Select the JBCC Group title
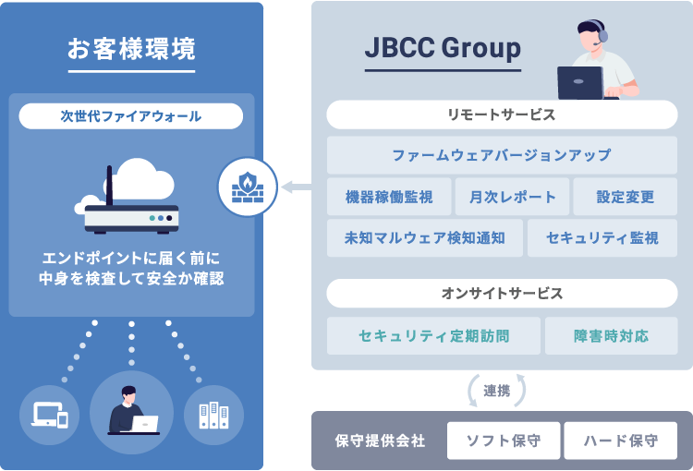pyautogui.click(x=443, y=48)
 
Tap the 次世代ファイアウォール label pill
pyautogui.click(x=130, y=116)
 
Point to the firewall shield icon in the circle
pyautogui.click(x=247, y=187)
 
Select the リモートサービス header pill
pyautogui.click(x=502, y=115)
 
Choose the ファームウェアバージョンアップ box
pyautogui.click(x=502, y=155)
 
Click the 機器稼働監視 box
pyautogui.click(x=388, y=197)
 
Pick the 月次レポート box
pyautogui.click(x=512, y=197)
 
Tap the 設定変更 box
pyautogui.click(x=626, y=197)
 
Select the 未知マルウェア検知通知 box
pyautogui.click(x=424, y=238)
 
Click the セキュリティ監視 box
pyautogui.click(x=602, y=238)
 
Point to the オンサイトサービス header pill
pyautogui.click(x=502, y=294)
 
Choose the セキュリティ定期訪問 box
pyautogui.click(x=433, y=335)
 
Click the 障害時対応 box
pyautogui.click(x=611, y=335)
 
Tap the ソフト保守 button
pyautogui.click(x=503, y=441)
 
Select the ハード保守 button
pyautogui.click(x=621, y=441)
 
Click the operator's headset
pyautogui.click(x=602, y=38)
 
